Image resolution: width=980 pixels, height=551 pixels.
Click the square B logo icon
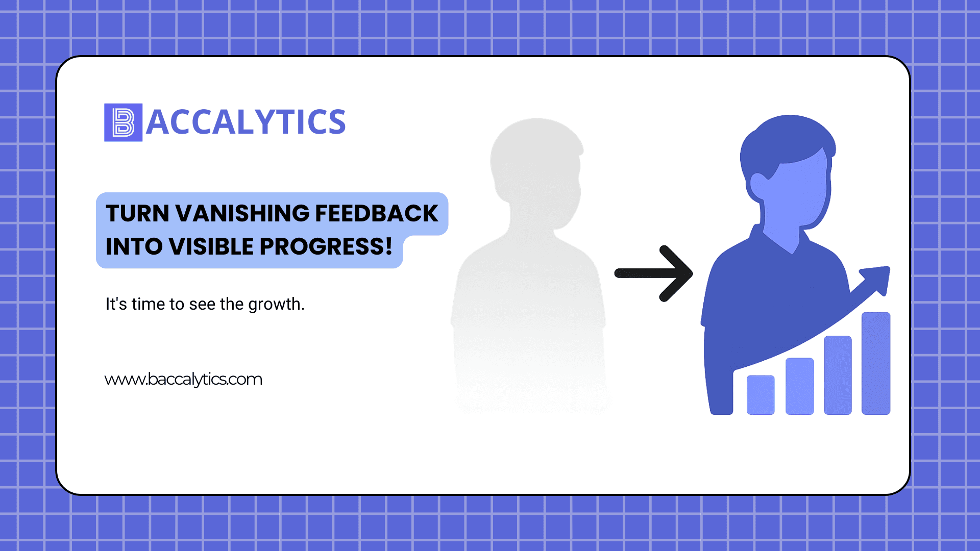[x=123, y=122]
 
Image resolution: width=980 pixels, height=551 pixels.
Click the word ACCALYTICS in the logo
[x=246, y=122]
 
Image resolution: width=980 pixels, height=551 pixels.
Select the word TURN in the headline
[x=137, y=213]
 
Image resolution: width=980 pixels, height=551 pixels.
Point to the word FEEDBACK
[x=377, y=213]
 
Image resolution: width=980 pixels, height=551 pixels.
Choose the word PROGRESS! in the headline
[x=326, y=246]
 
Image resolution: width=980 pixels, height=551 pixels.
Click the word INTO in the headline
[x=134, y=246]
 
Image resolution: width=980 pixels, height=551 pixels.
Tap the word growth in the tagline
[x=276, y=305]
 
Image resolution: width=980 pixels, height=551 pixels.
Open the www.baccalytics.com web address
[x=183, y=379]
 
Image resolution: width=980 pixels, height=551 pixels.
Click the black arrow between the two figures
[x=653, y=273]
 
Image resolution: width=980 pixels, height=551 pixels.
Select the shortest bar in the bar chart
[x=761, y=395]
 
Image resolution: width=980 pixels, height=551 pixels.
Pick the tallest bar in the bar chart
[x=876, y=363]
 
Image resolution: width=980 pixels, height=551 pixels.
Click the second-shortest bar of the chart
[x=800, y=386]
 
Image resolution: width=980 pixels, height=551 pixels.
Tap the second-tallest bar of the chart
[x=838, y=375]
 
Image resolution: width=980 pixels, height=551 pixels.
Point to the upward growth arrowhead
[x=877, y=280]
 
